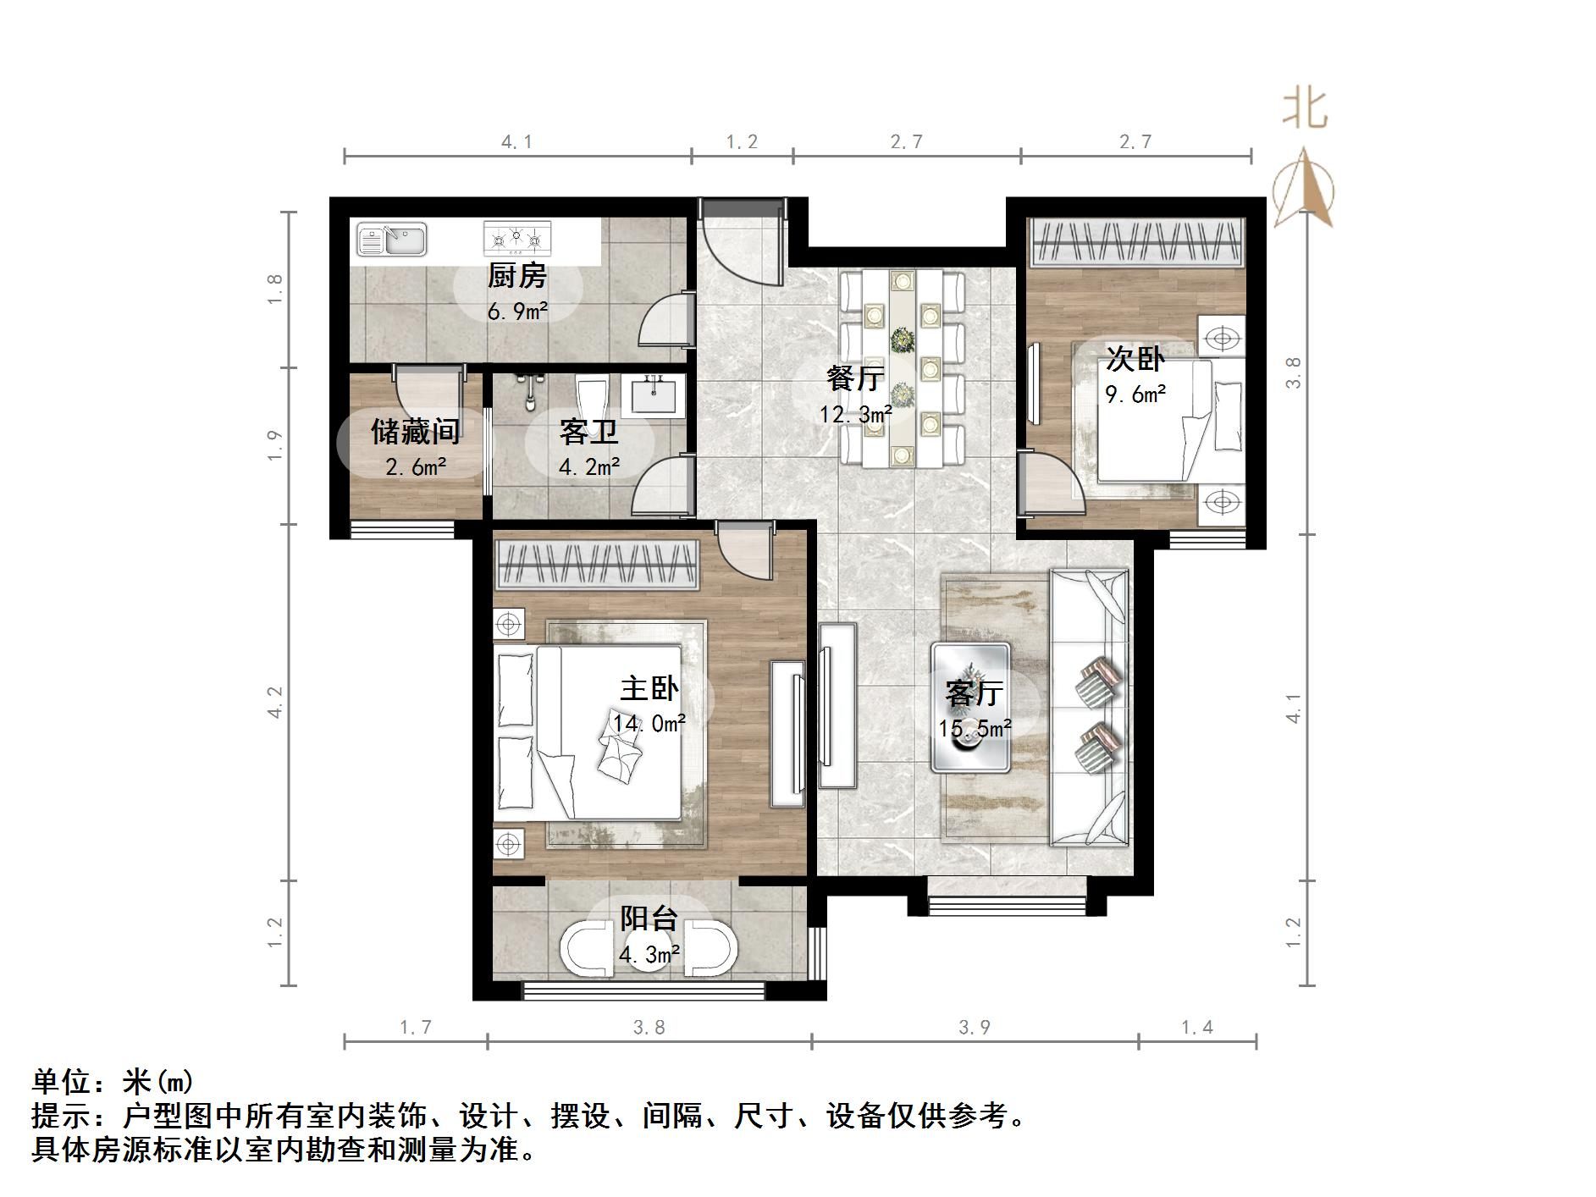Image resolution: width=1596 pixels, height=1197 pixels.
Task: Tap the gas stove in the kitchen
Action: [x=516, y=239]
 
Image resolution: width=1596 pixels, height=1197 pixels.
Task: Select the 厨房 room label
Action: [x=516, y=276]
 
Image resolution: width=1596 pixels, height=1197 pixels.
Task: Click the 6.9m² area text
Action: [x=516, y=311]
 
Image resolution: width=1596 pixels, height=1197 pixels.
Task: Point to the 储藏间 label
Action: [x=415, y=432]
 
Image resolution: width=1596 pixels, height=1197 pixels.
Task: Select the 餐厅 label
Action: [x=855, y=378]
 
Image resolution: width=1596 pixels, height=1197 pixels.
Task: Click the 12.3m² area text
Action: [x=855, y=414]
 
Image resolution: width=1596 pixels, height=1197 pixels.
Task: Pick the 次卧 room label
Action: [x=1135, y=359]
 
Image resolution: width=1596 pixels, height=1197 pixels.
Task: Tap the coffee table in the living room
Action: [x=970, y=708]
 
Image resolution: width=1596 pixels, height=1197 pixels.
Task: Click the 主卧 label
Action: [x=649, y=687]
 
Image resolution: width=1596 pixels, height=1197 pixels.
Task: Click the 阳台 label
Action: [x=649, y=918]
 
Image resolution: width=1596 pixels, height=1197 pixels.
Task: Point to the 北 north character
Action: [x=1304, y=109]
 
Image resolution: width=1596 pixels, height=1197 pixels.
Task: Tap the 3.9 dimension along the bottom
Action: [x=974, y=1027]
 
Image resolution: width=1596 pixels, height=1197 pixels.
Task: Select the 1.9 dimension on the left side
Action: [x=273, y=445]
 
